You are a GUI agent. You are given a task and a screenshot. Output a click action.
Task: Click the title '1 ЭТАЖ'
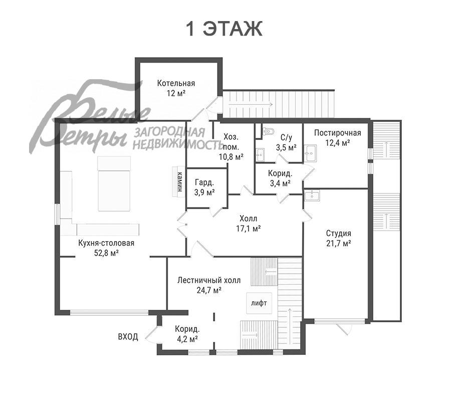(224, 29)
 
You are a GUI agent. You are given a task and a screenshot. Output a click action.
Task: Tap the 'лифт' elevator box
(259, 303)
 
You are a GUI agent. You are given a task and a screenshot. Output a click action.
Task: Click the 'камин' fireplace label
(180, 182)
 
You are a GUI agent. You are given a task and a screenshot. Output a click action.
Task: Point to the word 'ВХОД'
(128, 336)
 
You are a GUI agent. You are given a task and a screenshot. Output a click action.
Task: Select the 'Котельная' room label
(176, 83)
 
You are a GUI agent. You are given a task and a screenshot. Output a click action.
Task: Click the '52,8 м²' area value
(107, 253)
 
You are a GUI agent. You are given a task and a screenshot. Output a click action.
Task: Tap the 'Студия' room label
(339, 233)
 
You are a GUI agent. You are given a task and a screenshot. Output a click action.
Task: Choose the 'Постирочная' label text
(337, 133)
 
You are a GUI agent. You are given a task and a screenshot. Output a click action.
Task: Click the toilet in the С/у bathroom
(268, 131)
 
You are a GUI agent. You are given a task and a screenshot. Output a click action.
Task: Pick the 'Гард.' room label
(204, 182)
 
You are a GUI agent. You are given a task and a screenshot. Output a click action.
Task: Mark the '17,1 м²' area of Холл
(249, 229)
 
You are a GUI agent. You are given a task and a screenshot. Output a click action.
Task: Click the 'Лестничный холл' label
(209, 280)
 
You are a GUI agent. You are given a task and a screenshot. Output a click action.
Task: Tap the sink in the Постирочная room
(311, 153)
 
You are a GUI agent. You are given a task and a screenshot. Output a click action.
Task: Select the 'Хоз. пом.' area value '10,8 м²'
(231, 157)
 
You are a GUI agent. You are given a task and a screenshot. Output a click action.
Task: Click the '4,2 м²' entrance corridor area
(187, 339)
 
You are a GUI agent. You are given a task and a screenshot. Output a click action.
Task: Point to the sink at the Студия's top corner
(312, 195)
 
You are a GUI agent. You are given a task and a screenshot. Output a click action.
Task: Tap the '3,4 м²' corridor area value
(280, 183)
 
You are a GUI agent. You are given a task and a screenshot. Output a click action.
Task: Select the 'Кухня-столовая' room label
(106, 243)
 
